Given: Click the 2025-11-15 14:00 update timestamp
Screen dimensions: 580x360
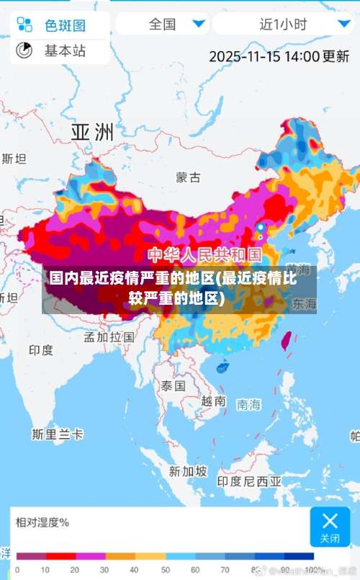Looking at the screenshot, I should click(279, 55).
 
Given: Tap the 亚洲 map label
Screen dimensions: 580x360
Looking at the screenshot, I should click(92, 132).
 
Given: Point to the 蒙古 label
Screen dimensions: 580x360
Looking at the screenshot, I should click(189, 177).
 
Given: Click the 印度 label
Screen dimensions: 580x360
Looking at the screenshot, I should click(41, 350).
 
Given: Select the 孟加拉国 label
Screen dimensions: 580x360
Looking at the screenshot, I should click(109, 336).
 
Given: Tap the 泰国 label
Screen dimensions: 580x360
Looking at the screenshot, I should click(173, 385).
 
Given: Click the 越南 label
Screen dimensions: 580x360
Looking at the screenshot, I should click(213, 401).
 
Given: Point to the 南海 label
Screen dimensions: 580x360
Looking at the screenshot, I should click(248, 404).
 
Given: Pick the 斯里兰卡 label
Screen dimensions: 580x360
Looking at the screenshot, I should click(58, 434).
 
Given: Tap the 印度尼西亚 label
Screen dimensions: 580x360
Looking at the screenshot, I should click(250, 481).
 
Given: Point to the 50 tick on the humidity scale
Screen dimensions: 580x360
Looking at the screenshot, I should click(165, 570).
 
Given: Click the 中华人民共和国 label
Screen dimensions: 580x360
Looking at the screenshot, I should click(205, 254).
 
